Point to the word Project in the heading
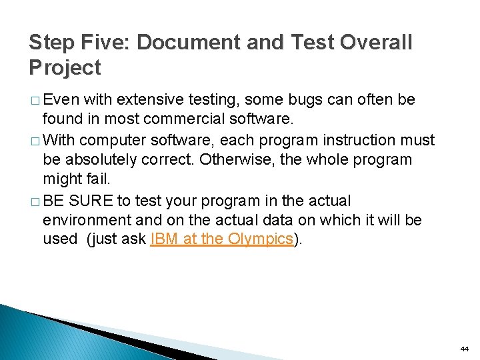65,67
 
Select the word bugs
303,100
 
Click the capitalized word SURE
92,201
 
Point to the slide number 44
464,349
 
